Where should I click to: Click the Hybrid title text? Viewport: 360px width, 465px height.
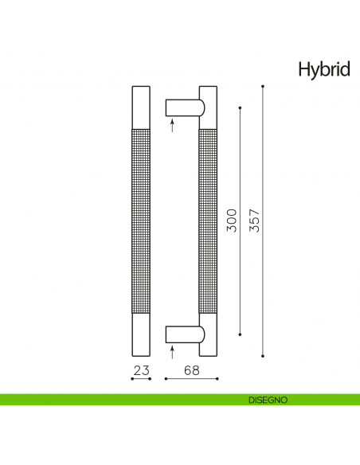[323, 70]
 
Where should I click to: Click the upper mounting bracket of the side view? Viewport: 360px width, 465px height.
[182, 107]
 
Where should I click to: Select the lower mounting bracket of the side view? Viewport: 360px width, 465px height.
[182, 334]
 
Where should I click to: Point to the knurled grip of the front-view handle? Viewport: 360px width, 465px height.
[140, 221]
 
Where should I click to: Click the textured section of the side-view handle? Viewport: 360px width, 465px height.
[207, 221]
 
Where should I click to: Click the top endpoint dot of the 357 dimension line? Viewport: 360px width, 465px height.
[263, 84]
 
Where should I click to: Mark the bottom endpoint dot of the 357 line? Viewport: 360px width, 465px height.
[263, 357]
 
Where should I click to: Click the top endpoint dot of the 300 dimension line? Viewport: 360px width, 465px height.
[241, 107]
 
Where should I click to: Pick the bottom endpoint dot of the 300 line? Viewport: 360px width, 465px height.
[241, 334]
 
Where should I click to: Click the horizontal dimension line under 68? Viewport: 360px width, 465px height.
[189, 379]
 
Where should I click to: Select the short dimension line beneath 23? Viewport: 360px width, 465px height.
[140, 379]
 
